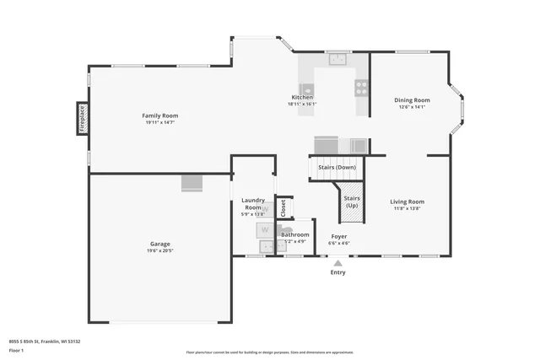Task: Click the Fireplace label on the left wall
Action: [x=83, y=118]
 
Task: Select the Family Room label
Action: [x=159, y=116]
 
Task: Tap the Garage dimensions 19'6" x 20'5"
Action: [x=159, y=250]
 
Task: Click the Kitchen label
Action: [x=302, y=97]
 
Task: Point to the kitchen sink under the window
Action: [x=339, y=59]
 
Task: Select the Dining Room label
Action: [x=412, y=99]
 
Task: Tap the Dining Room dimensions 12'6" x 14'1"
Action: [x=412, y=107]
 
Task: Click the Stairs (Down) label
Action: [x=337, y=167]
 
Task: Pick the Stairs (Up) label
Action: [x=352, y=201]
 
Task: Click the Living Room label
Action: [x=407, y=201]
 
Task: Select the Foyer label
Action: [x=338, y=236]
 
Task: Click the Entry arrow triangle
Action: [x=337, y=263]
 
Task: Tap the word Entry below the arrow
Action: [x=337, y=272]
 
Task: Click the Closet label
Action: [x=283, y=207]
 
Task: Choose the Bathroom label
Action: [x=295, y=234]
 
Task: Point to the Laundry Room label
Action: [x=253, y=204]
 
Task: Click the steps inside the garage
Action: [x=192, y=183]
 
